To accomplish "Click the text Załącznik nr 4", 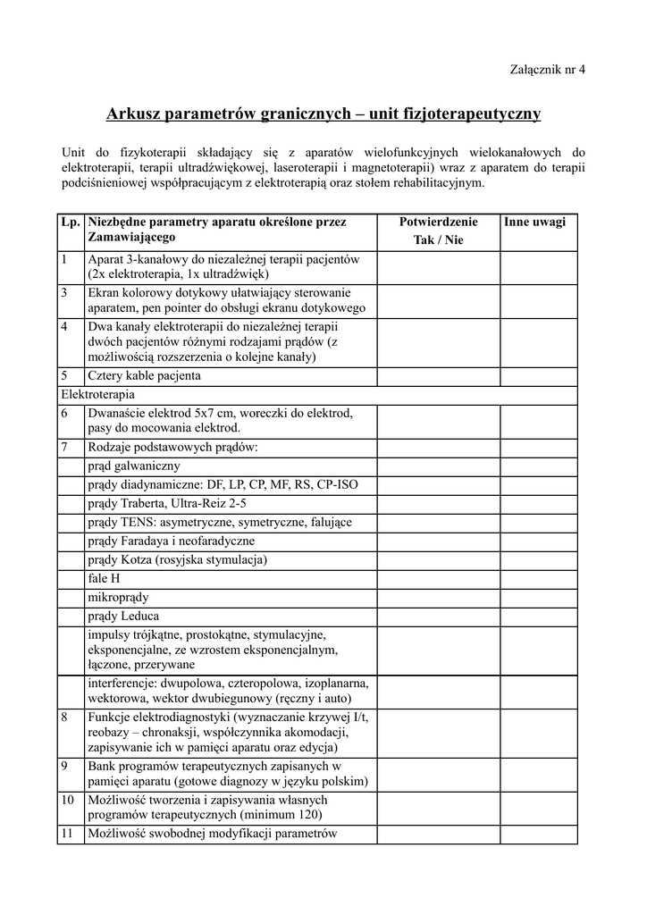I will point(547,69).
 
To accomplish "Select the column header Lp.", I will point(71,222).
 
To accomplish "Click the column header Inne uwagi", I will point(534,222).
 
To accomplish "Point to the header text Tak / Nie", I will point(438,239).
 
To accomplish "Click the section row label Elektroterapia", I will point(98,394).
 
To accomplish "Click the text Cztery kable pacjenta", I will point(144,375).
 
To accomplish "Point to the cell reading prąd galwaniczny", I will point(134,466).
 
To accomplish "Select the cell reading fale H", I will point(105,578).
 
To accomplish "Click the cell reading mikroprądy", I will point(119,597).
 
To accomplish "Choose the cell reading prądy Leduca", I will point(124,616).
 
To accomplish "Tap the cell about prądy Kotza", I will point(177,559).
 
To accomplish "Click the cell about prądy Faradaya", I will point(171,541).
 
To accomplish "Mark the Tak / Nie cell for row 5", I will point(438,375).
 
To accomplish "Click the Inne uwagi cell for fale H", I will point(538,578).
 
